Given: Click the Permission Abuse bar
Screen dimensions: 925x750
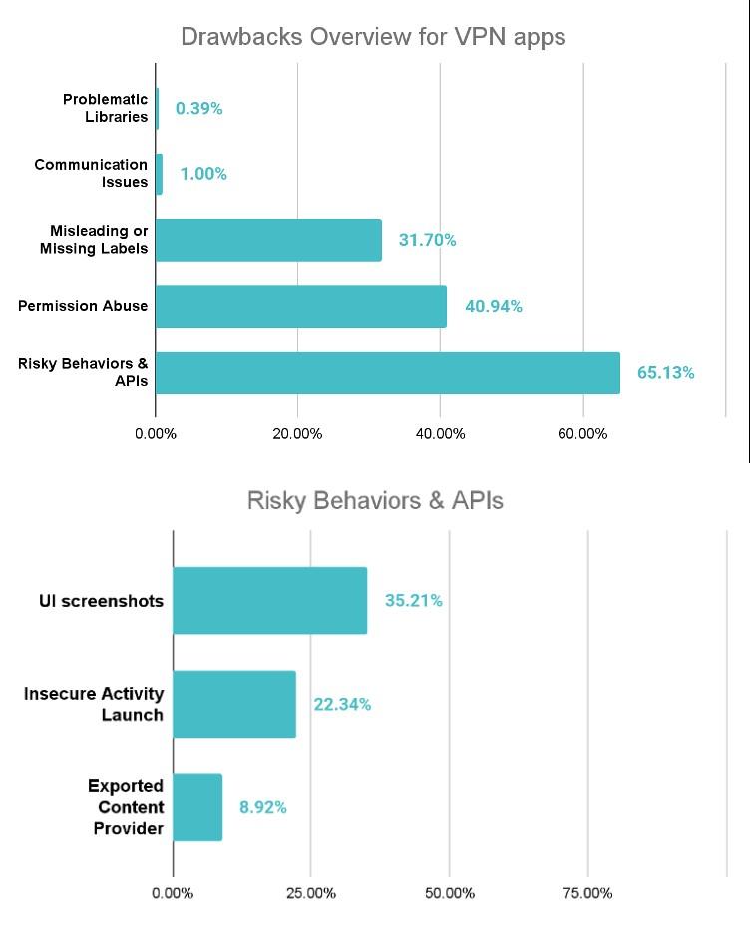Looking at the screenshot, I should pyautogui.click(x=301, y=307).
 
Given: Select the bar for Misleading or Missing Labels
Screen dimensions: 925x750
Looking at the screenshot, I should pyautogui.click(x=268, y=240).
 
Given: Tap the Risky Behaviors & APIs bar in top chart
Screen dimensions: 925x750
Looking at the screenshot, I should pyautogui.click(x=387, y=373).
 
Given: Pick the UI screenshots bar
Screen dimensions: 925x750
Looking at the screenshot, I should pyautogui.click(x=269, y=600).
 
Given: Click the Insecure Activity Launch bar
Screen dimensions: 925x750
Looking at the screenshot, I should pyautogui.click(x=234, y=704).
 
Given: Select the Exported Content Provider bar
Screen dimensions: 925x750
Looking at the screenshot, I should pyautogui.click(x=197, y=807).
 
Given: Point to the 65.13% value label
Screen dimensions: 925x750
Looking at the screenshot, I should pyautogui.click(x=666, y=373).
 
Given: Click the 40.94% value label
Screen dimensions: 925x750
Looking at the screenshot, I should pyautogui.click(x=493, y=307).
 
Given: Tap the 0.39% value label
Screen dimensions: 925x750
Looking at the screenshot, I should pyautogui.click(x=198, y=109).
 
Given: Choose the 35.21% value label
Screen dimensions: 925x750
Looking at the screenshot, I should pyautogui.click(x=413, y=600).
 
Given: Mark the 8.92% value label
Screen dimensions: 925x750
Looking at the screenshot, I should pyautogui.click(x=262, y=807).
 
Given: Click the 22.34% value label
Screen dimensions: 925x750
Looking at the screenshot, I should pyautogui.click(x=342, y=704).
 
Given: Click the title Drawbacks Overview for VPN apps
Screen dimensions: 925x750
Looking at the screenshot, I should pyautogui.click(x=373, y=37).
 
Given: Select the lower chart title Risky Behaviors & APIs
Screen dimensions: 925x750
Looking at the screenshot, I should pyautogui.click(x=375, y=500).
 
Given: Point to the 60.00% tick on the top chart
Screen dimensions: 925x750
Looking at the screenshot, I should pyautogui.click(x=582, y=434).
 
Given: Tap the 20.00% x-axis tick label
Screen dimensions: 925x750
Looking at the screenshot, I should pyautogui.click(x=297, y=434).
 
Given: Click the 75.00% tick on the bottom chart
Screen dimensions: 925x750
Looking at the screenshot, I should pyautogui.click(x=587, y=893).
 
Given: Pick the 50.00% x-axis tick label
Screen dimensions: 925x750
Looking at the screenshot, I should pyautogui.click(x=449, y=893).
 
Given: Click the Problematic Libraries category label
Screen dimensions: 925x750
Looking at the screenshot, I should pyautogui.click(x=105, y=108).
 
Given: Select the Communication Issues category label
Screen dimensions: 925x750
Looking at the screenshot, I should pyautogui.click(x=91, y=173).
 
